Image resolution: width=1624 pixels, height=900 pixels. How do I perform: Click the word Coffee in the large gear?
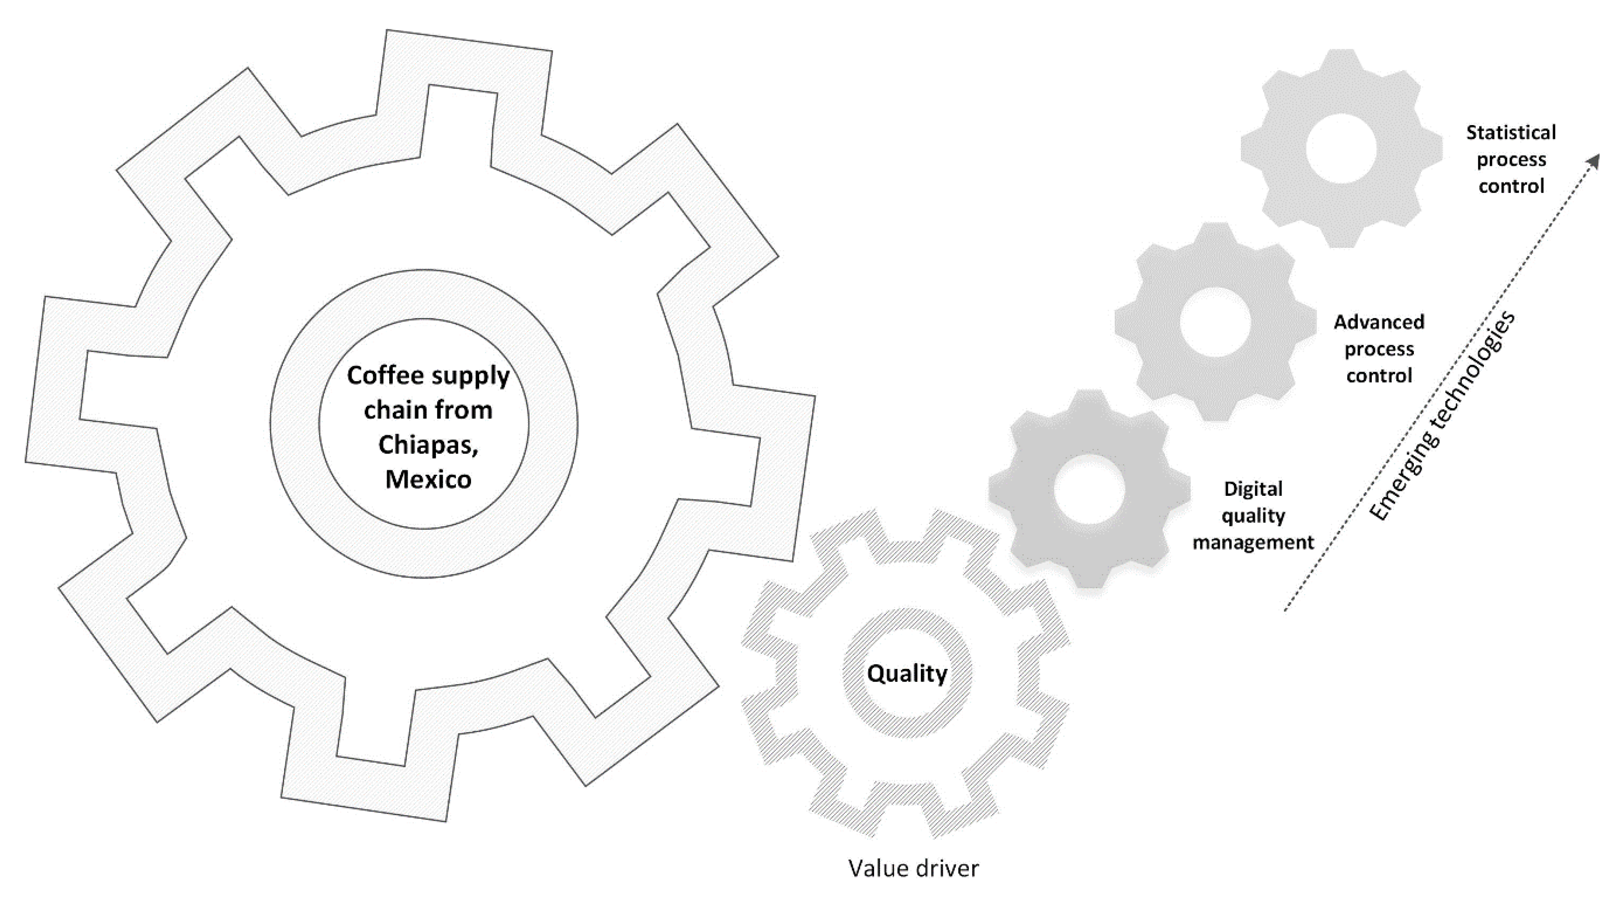(384, 376)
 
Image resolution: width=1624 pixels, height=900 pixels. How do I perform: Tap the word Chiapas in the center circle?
(427, 445)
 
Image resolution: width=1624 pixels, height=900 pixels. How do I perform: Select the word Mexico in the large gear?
(428, 479)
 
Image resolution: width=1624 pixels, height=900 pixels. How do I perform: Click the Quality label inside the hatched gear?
(906, 674)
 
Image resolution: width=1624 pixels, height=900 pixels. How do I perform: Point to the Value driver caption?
(913, 868)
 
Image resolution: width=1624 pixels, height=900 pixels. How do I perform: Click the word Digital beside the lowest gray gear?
(1252, 489)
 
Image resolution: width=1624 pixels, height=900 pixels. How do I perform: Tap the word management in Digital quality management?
(1252, 543)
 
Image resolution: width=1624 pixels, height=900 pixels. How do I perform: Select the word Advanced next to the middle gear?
(1379, 322)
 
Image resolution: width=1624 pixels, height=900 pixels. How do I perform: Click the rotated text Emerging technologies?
(1442, 416)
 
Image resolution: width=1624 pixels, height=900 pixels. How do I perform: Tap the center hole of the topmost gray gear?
(1341, 148)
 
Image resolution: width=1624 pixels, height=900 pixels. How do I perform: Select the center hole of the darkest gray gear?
(1089, 489)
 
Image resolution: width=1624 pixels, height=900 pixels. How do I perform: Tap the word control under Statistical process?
(1511, 186)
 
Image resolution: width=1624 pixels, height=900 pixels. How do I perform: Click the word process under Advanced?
(1379, 350)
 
